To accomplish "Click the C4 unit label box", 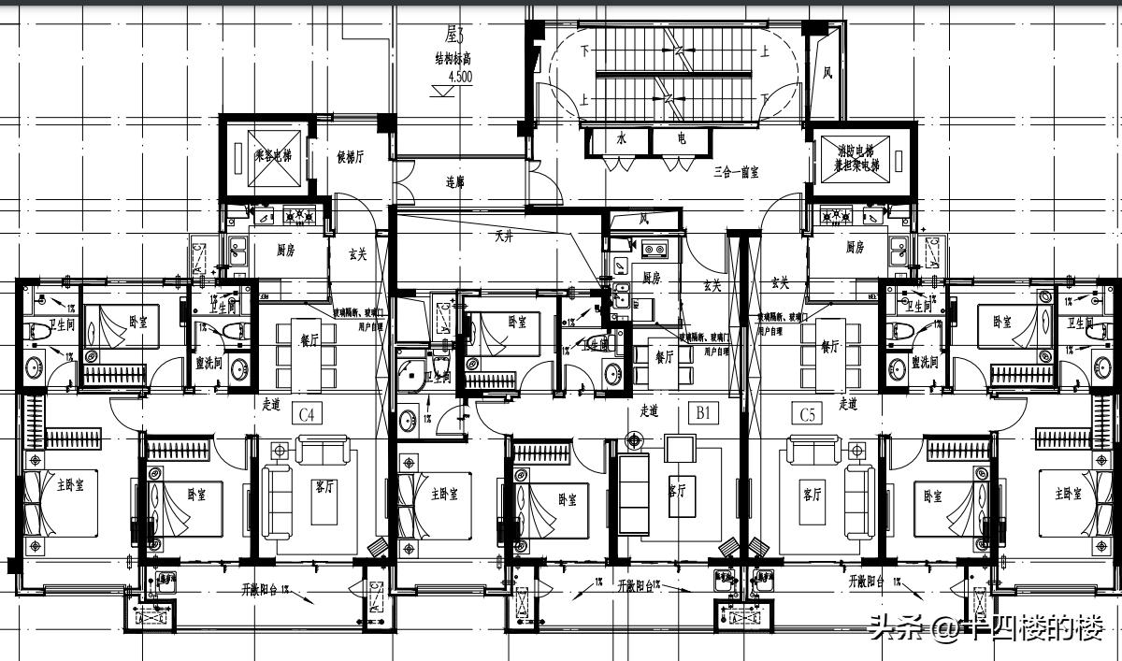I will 308,413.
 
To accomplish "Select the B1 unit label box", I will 703,411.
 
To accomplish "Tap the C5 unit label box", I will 806,413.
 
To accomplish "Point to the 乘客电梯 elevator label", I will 273,156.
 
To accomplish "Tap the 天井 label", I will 504,237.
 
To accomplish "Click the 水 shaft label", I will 620,139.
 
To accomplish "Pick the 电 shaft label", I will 682,139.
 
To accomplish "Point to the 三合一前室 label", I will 736,172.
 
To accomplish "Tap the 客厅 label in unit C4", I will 324,489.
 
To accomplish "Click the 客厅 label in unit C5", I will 812,493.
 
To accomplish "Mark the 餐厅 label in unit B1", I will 665,356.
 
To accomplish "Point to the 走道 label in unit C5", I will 848,405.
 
